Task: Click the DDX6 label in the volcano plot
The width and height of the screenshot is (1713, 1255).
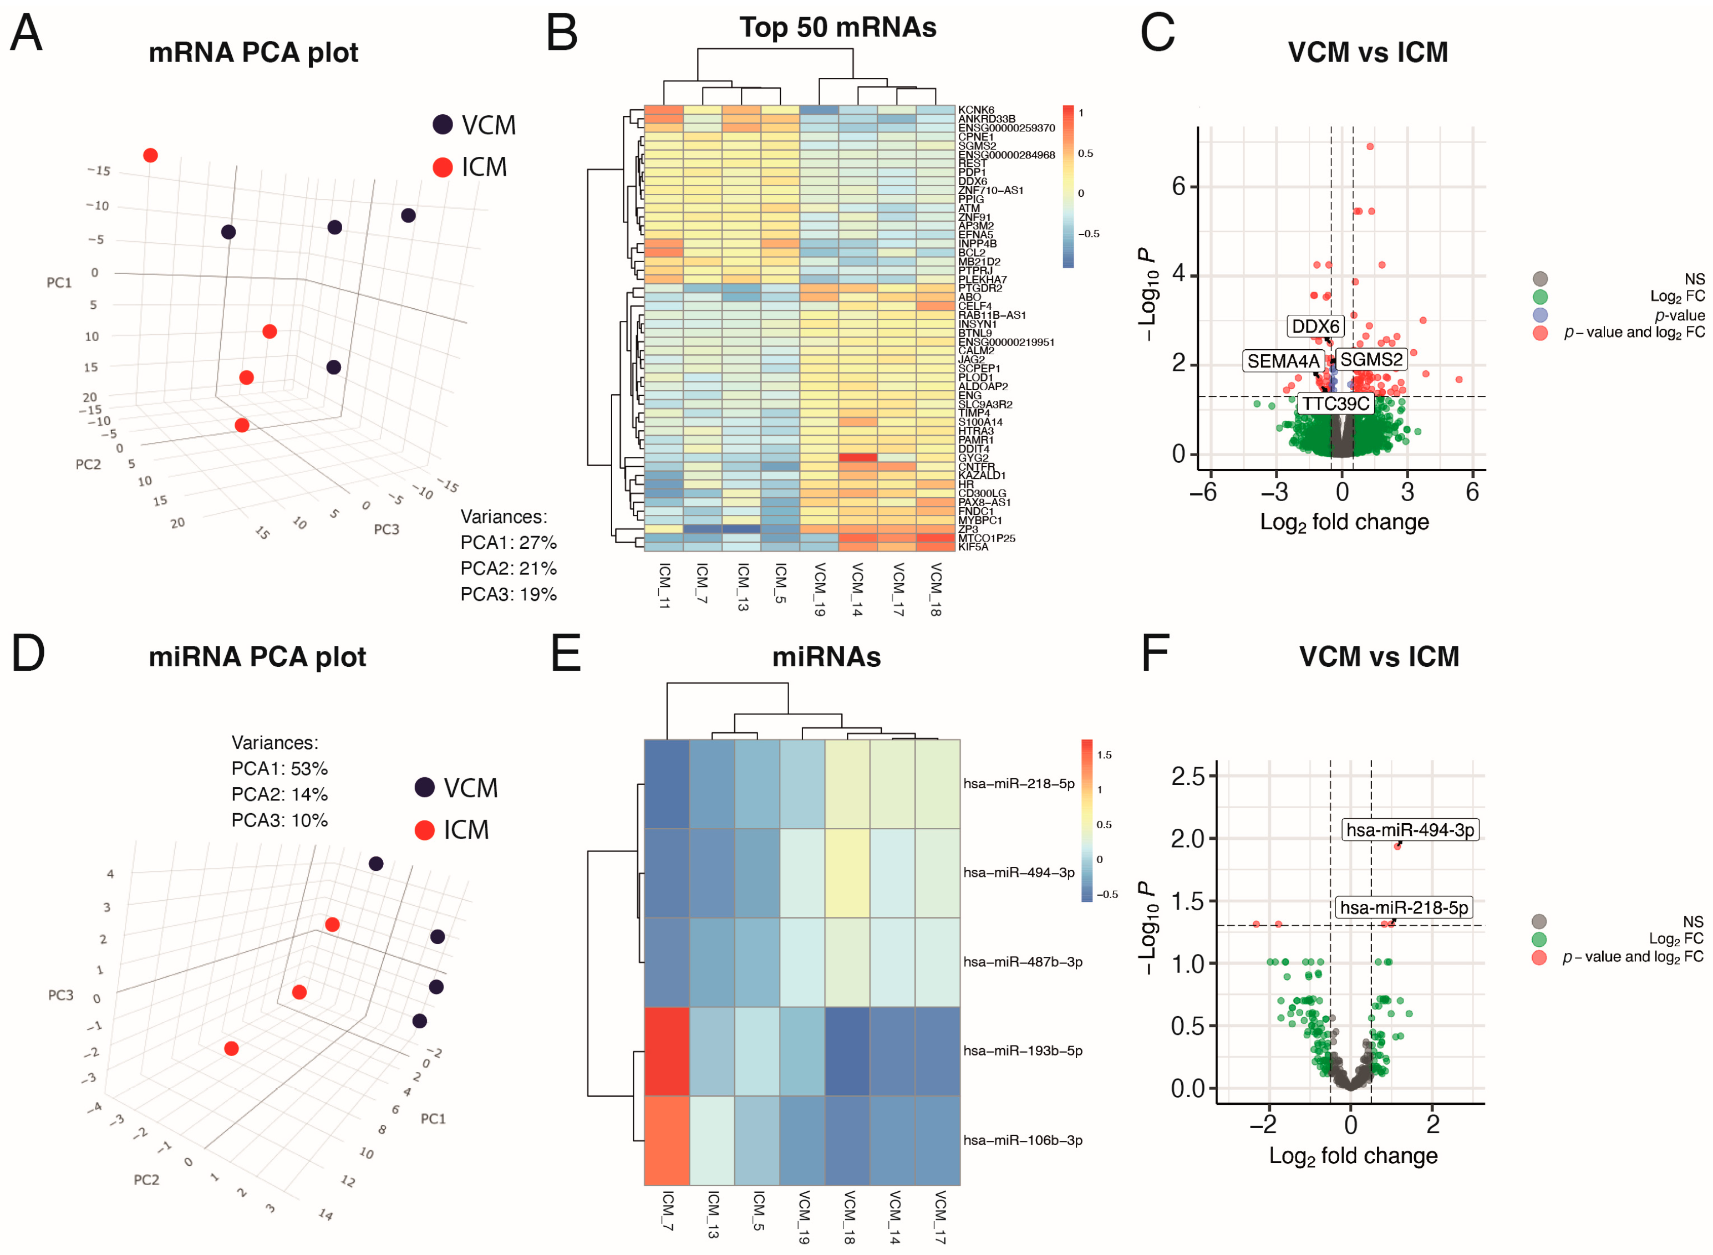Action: pos(1315,326)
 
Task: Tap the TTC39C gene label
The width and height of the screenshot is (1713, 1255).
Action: pos(1335,404)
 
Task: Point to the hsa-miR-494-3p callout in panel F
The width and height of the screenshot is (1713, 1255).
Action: pos(1409,830)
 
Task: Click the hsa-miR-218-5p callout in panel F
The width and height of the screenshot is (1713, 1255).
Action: pos(1403,907)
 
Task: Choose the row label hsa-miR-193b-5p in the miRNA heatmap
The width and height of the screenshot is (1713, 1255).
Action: pos(1022,1050)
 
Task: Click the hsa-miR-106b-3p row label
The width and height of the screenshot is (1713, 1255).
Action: pos(1022,1140)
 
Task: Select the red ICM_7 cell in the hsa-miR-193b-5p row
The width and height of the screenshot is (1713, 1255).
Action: pos(667,1050)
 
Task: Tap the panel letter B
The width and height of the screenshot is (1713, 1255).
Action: pos(562,34)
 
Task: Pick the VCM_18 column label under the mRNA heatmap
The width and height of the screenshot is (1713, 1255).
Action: pos(936,589)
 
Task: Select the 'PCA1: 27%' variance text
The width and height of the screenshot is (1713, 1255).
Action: pos(509,543)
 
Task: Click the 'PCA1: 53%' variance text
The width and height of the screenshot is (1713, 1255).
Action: pos(279,768)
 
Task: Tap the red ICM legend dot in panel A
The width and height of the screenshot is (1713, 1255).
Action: pos(443,167)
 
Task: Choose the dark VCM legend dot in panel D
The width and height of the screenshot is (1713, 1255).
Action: pos(424,787)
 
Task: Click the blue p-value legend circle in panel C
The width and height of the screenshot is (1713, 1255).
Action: pos(1540,314)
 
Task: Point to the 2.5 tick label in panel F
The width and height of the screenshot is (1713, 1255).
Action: pos(1188,777)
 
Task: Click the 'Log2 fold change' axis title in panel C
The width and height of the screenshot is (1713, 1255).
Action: pos(1344,523)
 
